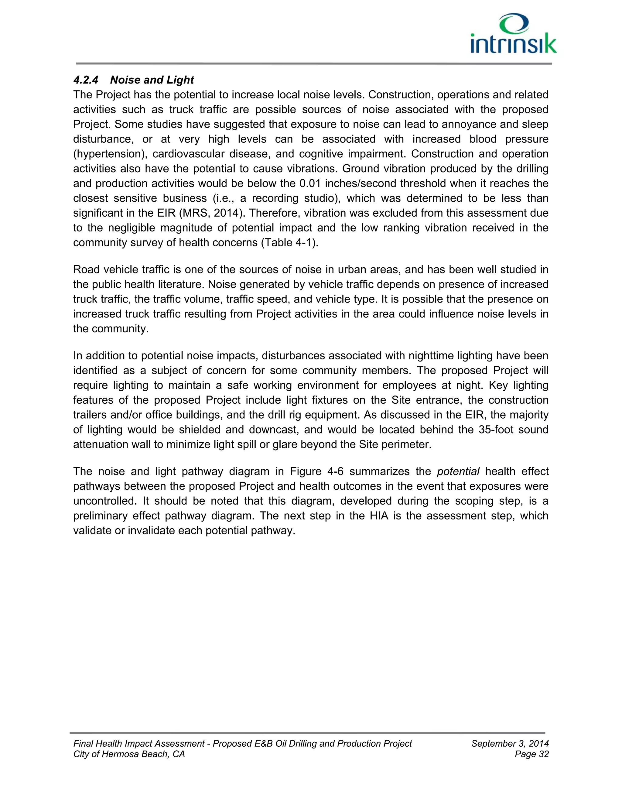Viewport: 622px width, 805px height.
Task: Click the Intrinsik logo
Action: [513, 34]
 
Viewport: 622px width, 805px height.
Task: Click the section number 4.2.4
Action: [86, 80]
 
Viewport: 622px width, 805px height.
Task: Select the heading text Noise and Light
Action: [152, 80]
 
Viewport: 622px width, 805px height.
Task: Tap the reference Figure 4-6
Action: [316, 472]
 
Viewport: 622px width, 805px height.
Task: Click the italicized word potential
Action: [458, 472]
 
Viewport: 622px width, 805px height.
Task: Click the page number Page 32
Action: [531, 755]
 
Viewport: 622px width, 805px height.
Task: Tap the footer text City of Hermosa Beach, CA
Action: [129, 755]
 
